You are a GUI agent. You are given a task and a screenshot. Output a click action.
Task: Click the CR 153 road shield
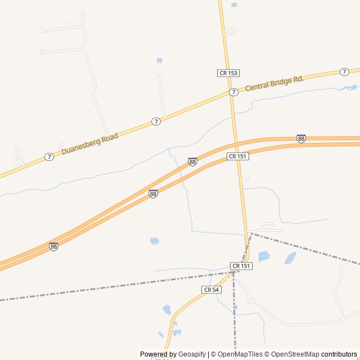pyautogui.click(x=228, y=73)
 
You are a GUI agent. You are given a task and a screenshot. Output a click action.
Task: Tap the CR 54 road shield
pyautogui.click(x=211, y=290)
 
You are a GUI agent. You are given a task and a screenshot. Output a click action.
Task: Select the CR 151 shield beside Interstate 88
pyautogui.click(x=238, y=156)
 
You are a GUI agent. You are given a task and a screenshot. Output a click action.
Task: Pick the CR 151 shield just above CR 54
pyautogui.click(x=241, y=265)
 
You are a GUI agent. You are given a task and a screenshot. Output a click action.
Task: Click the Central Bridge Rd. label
pyautogui.click(x=274, y=83)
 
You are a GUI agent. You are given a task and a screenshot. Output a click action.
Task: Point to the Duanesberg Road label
pyautogui.click(x=90, y=143)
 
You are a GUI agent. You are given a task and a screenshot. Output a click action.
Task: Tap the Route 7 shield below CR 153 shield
pyautogui.click(x=233, y=92)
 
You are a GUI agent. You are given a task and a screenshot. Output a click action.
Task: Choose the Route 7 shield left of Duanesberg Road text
pyautogui.click(x=49, y=157)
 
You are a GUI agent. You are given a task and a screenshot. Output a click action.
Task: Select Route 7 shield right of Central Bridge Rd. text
pyautogui.click(x=344, y=71)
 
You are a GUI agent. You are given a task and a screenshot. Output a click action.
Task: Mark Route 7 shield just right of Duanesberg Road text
pyautogui.click(x=156, y=121)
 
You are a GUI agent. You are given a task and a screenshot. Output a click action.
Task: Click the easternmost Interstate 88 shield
pyautogui.click(x=301, y=138)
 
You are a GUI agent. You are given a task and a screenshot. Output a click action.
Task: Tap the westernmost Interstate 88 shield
pyautogui.click(x=53, y=246)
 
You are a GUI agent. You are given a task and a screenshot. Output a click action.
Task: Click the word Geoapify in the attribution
pyautogui.click(x=192, y=354)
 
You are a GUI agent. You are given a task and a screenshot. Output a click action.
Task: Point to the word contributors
pyautogui.click(x=339, y=354)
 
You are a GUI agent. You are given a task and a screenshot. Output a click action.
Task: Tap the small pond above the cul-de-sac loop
pyautogui.click(x=159, y=60)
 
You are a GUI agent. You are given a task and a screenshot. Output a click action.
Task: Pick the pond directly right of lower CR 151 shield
pyautogui.click(x=264, y=256)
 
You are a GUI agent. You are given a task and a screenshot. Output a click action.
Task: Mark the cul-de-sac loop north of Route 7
pyautogui.click(x=160, y=77)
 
